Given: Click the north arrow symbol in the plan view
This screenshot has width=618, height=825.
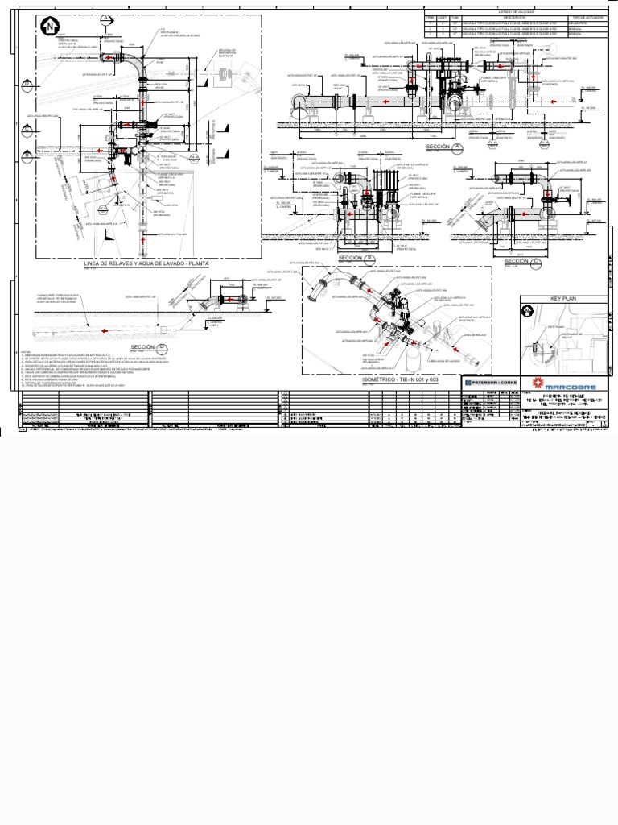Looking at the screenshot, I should pyautogui.click(x=49, y=27).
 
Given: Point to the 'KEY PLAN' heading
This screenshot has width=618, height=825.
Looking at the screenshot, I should pyautogui.click(x=564, y=298).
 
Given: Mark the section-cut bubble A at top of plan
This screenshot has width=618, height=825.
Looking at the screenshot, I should pyautogui.click(x=105, y=19).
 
